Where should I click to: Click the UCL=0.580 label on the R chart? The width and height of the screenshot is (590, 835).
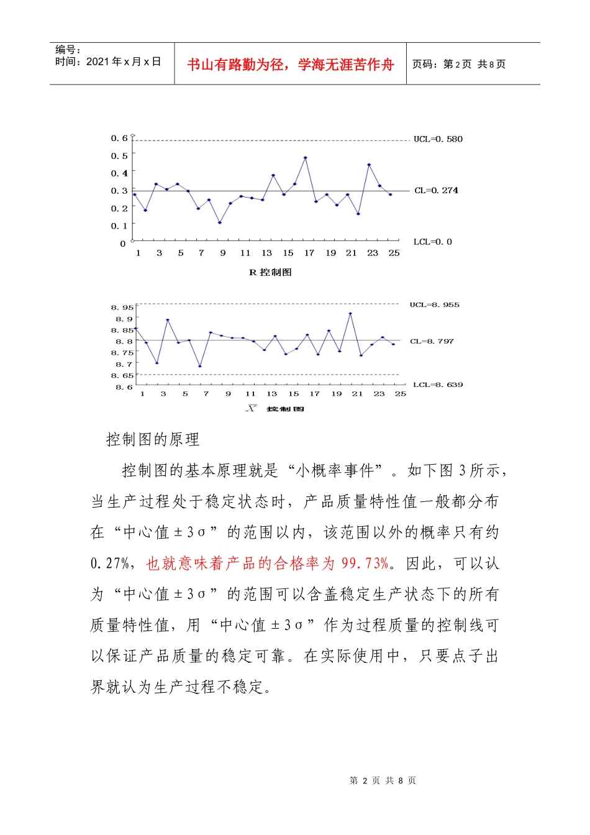click(x=438, y=139)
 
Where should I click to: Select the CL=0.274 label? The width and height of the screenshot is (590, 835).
click(x=436, y=191)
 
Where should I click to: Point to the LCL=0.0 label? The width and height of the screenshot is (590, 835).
click(x=432, y=242)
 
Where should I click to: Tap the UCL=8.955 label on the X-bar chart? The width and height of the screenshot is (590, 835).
click(x=434, y=305)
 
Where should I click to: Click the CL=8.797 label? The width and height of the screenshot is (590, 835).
click(x=432, y=342)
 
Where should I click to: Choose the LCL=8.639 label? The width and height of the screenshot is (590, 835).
click(x=438, y=385)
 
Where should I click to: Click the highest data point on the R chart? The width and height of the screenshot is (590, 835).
click(x=306, y=158)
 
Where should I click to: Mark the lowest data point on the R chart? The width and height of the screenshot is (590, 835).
click(x=220, y=222)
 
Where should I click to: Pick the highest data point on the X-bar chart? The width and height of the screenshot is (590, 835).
click(x=350, y=314)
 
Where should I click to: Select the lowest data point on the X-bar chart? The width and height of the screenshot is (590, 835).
click(x=200, y=367)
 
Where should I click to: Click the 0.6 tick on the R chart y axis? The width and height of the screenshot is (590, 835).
click(x=119, y=138)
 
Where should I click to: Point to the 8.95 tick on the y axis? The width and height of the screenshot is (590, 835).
click(x=122, y=308)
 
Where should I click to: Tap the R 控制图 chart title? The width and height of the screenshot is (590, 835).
click(x=270, y=272)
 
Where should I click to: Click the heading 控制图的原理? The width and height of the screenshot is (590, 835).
click(x=153, y=440)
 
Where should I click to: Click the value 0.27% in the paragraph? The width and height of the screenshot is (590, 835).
click(x=111, y=564)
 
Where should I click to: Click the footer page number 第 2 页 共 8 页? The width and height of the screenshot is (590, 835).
click(x=383, y=780)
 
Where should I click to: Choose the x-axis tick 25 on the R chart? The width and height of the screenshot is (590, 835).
click(x=394, y=253)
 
